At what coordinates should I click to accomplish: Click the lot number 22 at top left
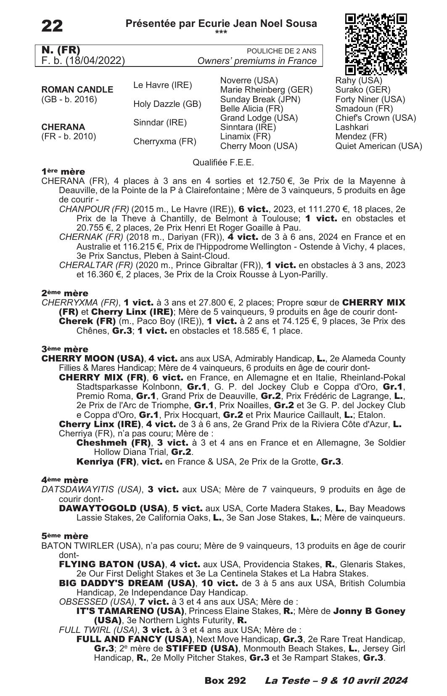[52, 26]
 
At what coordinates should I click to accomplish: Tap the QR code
[376, 44]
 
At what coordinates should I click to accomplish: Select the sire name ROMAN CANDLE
[77, 90]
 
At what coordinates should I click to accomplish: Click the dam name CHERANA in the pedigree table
[63, 127]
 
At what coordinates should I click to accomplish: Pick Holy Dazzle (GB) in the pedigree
[167, 104]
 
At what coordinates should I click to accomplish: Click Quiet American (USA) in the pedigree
[378, 146]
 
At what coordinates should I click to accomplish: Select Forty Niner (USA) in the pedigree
[370, 99]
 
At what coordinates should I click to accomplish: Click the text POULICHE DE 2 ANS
[281, 51]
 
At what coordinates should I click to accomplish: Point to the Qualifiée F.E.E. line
[223, 162]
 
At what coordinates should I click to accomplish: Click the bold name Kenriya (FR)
[107, 462]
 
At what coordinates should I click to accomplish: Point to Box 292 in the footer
[225, 681]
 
